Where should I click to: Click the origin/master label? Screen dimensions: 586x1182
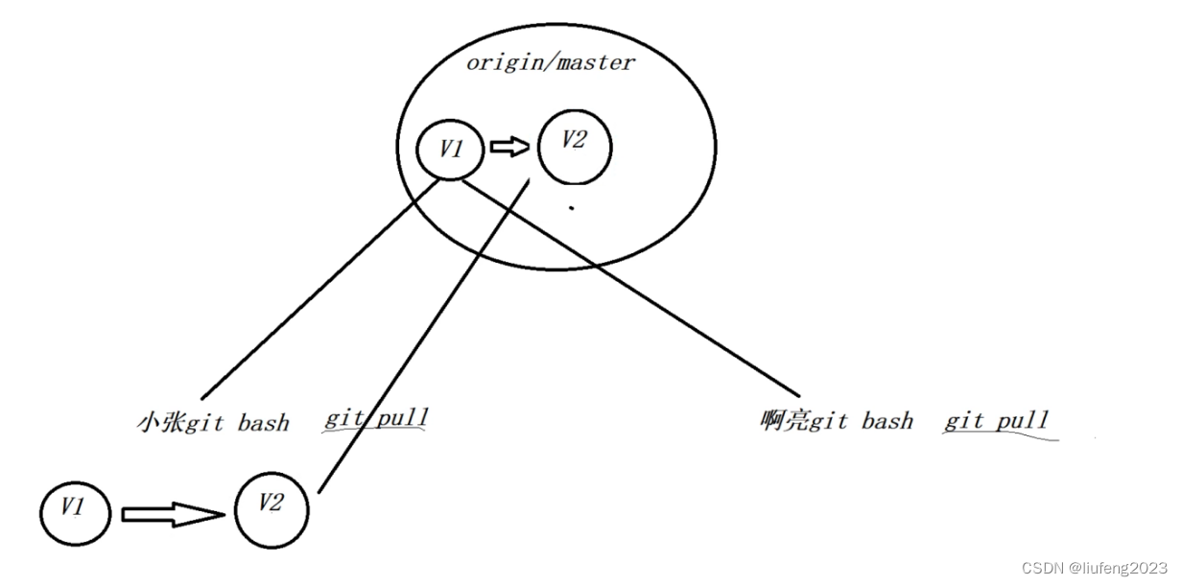[550, 63]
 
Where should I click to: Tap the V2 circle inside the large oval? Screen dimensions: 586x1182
[573, 147]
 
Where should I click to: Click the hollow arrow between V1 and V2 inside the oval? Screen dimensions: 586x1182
[509, 147]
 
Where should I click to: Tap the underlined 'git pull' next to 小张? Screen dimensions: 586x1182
[376, 418]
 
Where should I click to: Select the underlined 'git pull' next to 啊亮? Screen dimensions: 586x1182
[997, 420]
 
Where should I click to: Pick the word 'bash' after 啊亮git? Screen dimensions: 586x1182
[887, 421]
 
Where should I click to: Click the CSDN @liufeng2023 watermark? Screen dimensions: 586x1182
[1094, 568]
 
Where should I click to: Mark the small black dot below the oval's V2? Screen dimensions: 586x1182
[572, 207]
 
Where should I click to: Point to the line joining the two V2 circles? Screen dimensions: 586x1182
[422, 336]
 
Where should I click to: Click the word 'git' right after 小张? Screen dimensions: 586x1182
[203, 423]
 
